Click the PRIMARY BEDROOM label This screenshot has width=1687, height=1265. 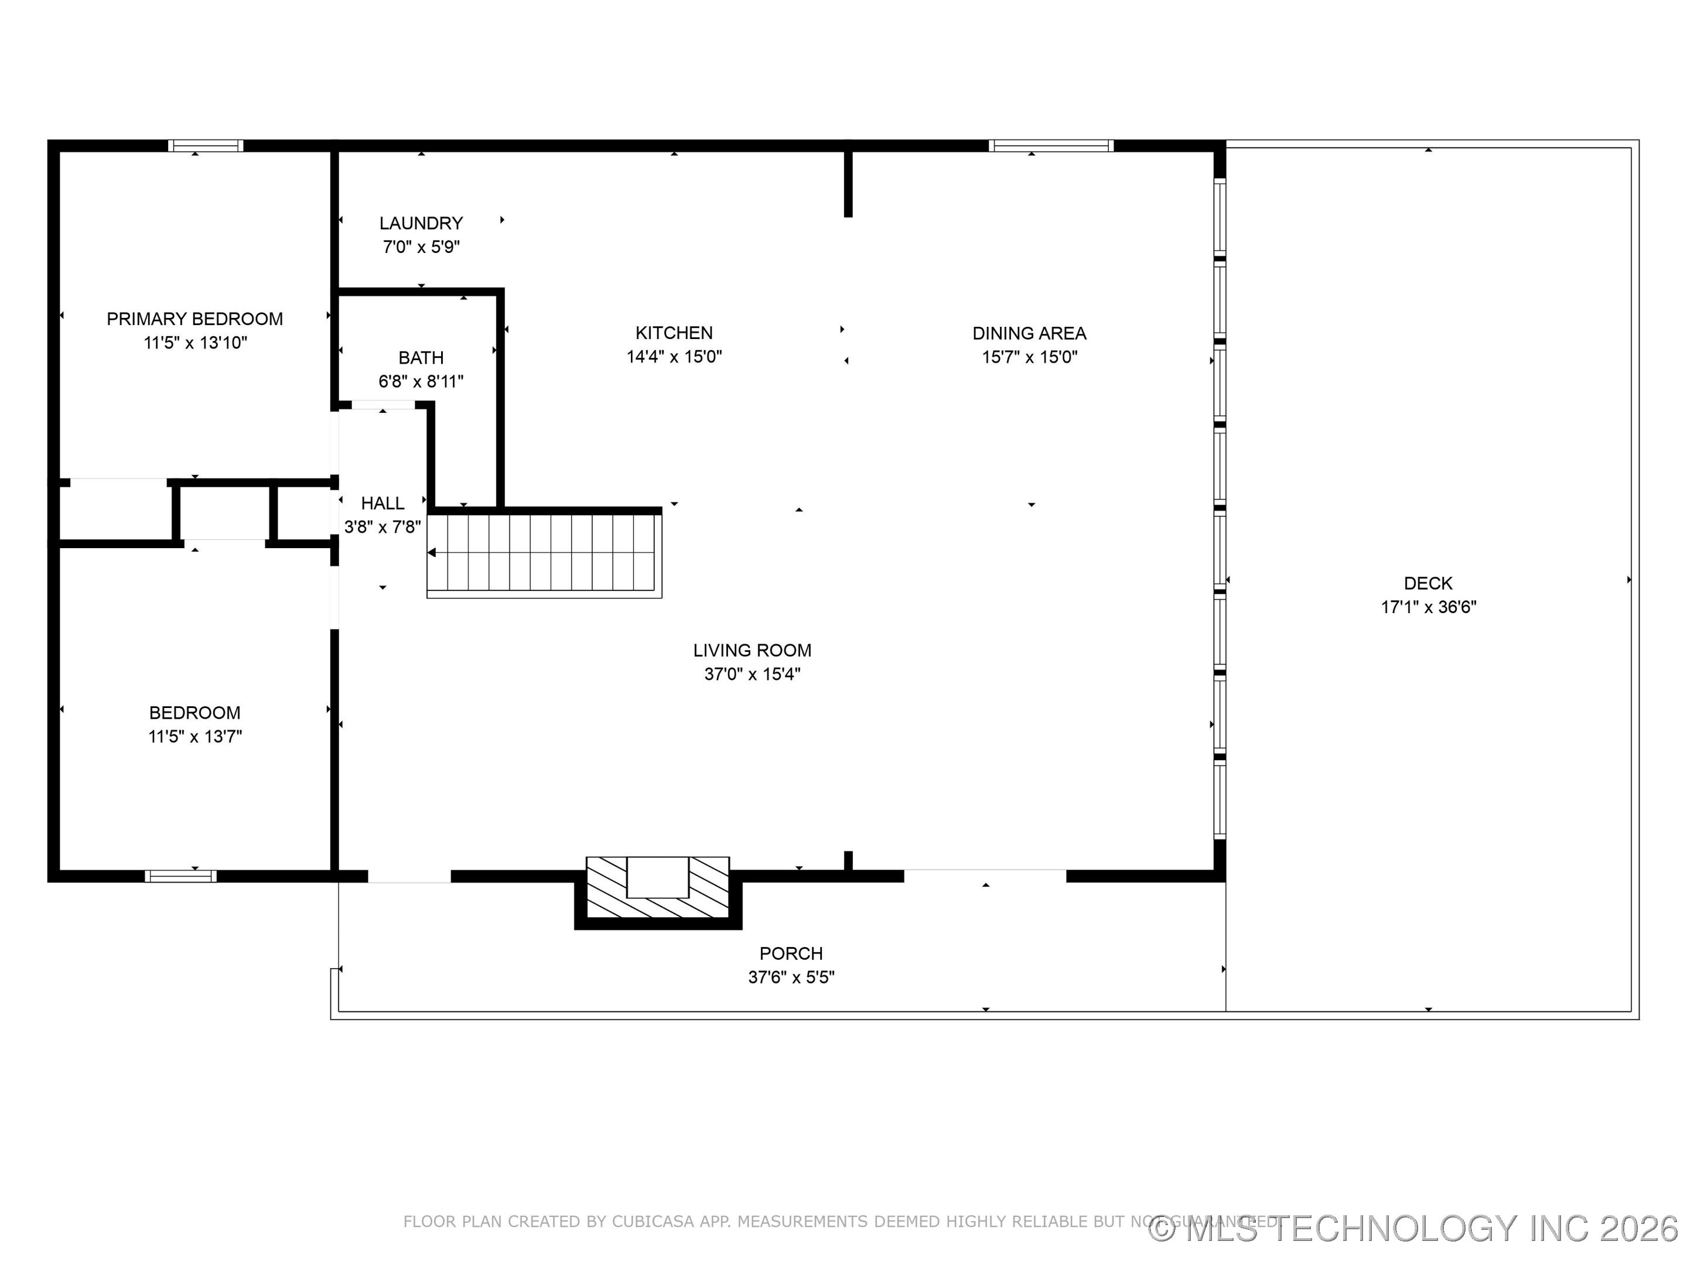(x=194, y=319)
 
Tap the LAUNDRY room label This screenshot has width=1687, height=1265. (x=421, y=223)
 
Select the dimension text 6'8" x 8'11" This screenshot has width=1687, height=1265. (x=421, y=381)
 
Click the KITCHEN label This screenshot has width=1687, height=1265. (x=674, y=333)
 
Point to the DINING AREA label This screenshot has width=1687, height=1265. (x=1029, y=333)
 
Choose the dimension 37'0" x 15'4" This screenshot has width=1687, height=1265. (x=752, y=674)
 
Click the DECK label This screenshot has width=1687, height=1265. (x=1428, y=583)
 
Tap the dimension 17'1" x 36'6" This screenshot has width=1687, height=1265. (x=1428, y=607)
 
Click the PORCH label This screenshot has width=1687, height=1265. (x=791, y=953)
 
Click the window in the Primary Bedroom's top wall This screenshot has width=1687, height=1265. (x=206, y=146)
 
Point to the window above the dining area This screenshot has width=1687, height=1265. (x=1051, y=146)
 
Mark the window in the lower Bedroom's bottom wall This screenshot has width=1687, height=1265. (x=181, y=876)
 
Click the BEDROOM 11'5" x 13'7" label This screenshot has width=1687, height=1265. (x=194, y=713)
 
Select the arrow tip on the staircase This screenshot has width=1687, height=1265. (x=432, y=553)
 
